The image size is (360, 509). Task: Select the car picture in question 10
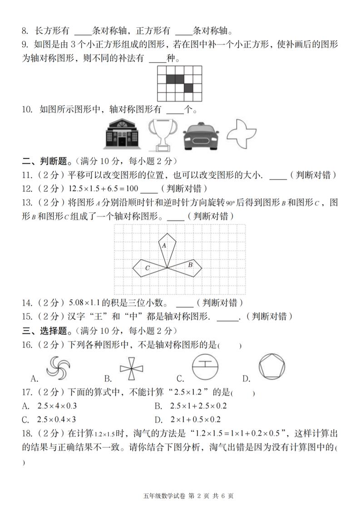[x=201, y=136]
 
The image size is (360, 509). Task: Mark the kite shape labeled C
[x=148, y=268]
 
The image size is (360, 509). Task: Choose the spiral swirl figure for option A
[x=59, y=367]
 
